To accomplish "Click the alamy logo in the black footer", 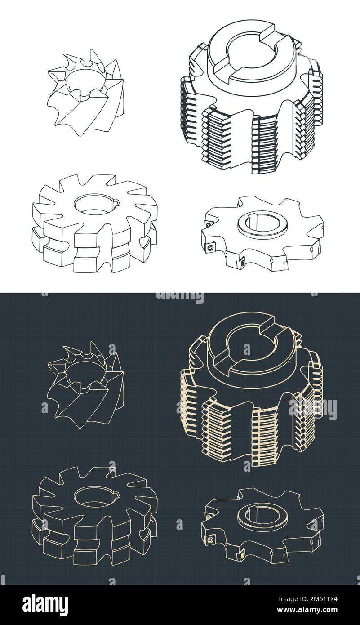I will tap(45, 605).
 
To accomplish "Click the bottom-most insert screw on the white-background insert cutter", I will tap(242, 262).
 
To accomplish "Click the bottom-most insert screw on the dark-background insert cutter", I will tap(242, 554).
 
